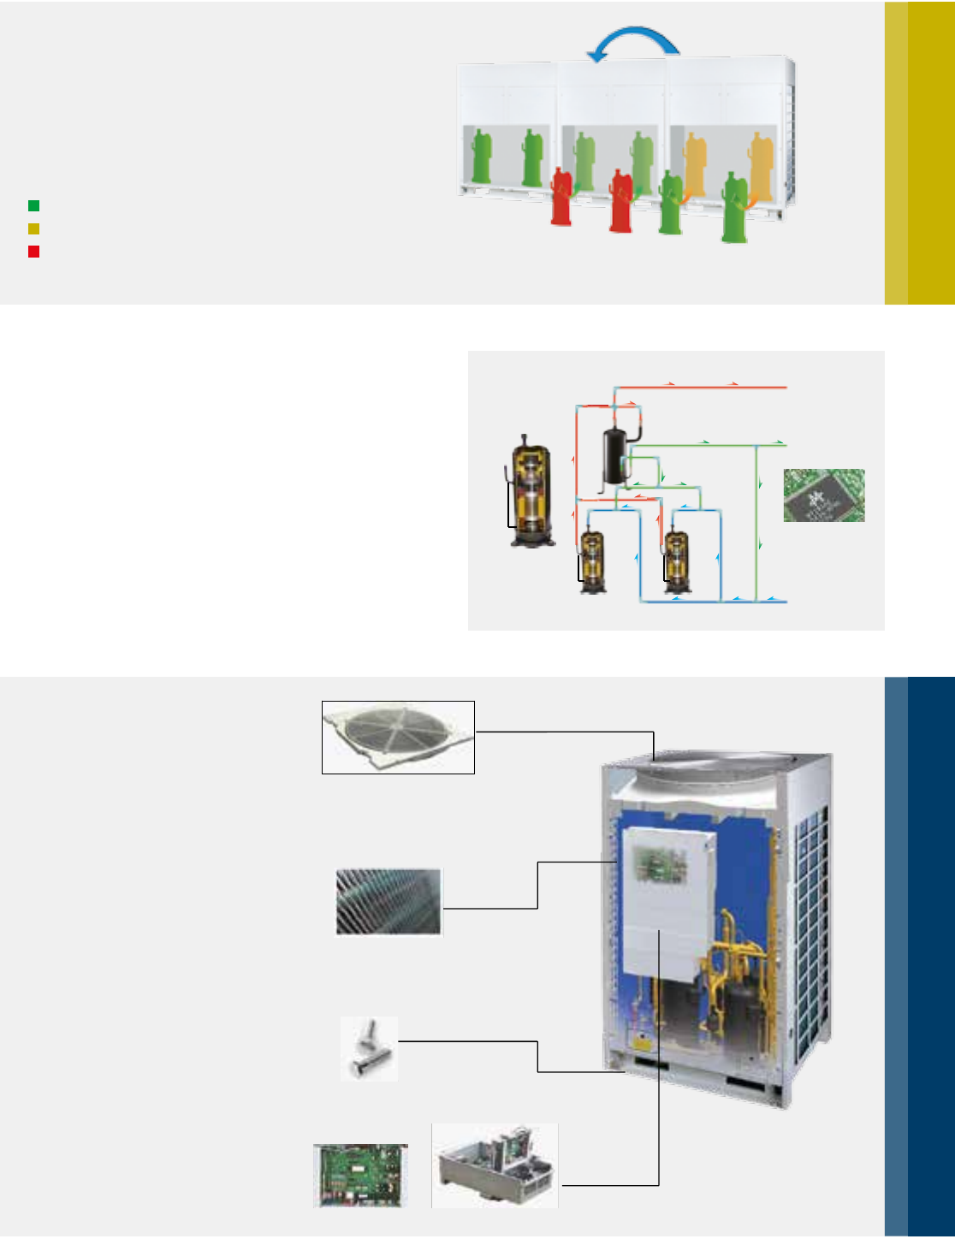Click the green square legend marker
[x=33, y=205]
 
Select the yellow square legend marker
[x=33, y=228]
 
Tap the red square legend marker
[x=33, y=252]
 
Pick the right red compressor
[x=621, y=201]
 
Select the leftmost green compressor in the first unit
[x=483, y=156]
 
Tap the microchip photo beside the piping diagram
[x=824, y=495]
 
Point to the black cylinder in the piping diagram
[x=614, y=457]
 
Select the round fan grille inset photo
[x=398, y=737]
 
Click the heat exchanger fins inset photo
[x=389, y=902]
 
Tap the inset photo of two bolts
[x=370, y=1048]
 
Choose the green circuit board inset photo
[x=360, y=1175]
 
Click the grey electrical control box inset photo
[x=495, y=1165]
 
